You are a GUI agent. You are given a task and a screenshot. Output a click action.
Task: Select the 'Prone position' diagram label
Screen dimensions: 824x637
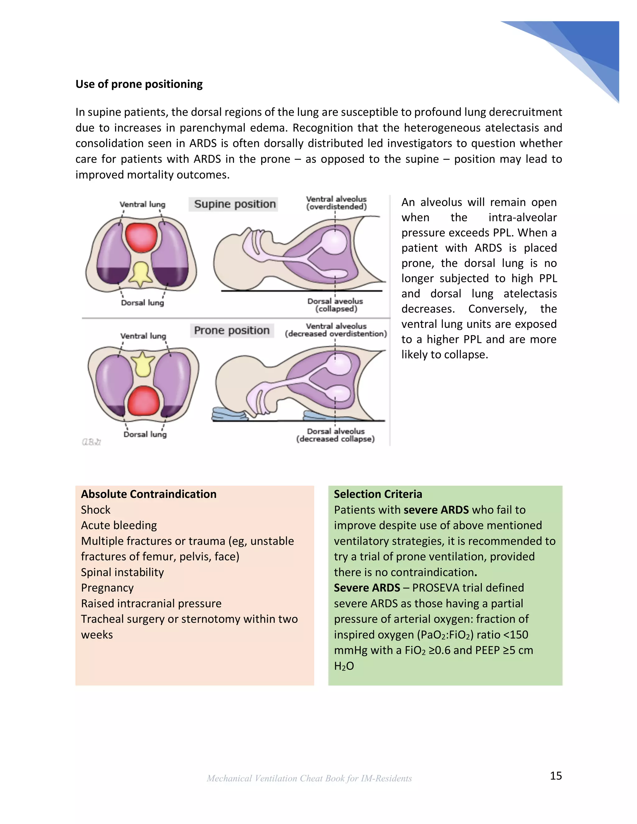coord(231,331)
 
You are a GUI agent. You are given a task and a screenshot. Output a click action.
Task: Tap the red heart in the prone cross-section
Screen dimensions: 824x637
coord(144,401)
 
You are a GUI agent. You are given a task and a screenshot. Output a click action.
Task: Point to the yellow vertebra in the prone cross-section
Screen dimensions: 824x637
coord(143,364)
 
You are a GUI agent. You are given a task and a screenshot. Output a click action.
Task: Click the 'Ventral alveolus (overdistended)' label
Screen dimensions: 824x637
coord(336,203)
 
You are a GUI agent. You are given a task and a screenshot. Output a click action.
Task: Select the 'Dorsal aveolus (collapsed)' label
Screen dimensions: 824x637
coord(335,305)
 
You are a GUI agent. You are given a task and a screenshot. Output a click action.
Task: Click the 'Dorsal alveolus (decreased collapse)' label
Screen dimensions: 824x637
coord(335,435)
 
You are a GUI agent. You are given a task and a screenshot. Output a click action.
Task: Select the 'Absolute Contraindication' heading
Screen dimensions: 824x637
coord(149,494)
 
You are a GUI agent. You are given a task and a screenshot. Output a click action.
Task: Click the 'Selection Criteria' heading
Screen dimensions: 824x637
coord(378,494)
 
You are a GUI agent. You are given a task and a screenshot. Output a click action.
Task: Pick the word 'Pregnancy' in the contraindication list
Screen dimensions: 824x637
coord(107,588)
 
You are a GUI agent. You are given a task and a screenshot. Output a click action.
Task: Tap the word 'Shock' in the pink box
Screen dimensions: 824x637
coord(95,510)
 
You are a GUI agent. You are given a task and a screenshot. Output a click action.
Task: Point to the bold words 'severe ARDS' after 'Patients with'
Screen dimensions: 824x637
coord(436,510)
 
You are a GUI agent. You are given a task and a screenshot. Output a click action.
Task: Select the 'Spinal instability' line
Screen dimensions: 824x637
coord(122,572)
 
